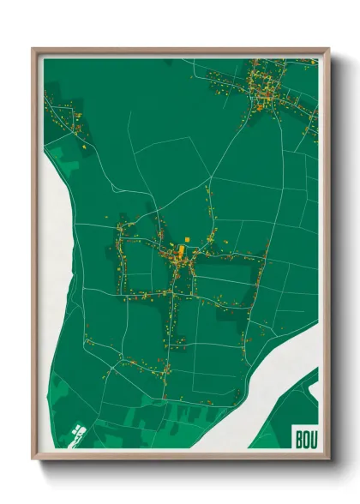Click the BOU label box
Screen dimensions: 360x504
304,438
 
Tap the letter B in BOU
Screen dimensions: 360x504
297,439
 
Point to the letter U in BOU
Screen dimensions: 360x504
312,439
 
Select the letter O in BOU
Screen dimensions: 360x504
304,439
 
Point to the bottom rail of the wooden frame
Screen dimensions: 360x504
180,455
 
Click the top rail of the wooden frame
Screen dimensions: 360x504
180,51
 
